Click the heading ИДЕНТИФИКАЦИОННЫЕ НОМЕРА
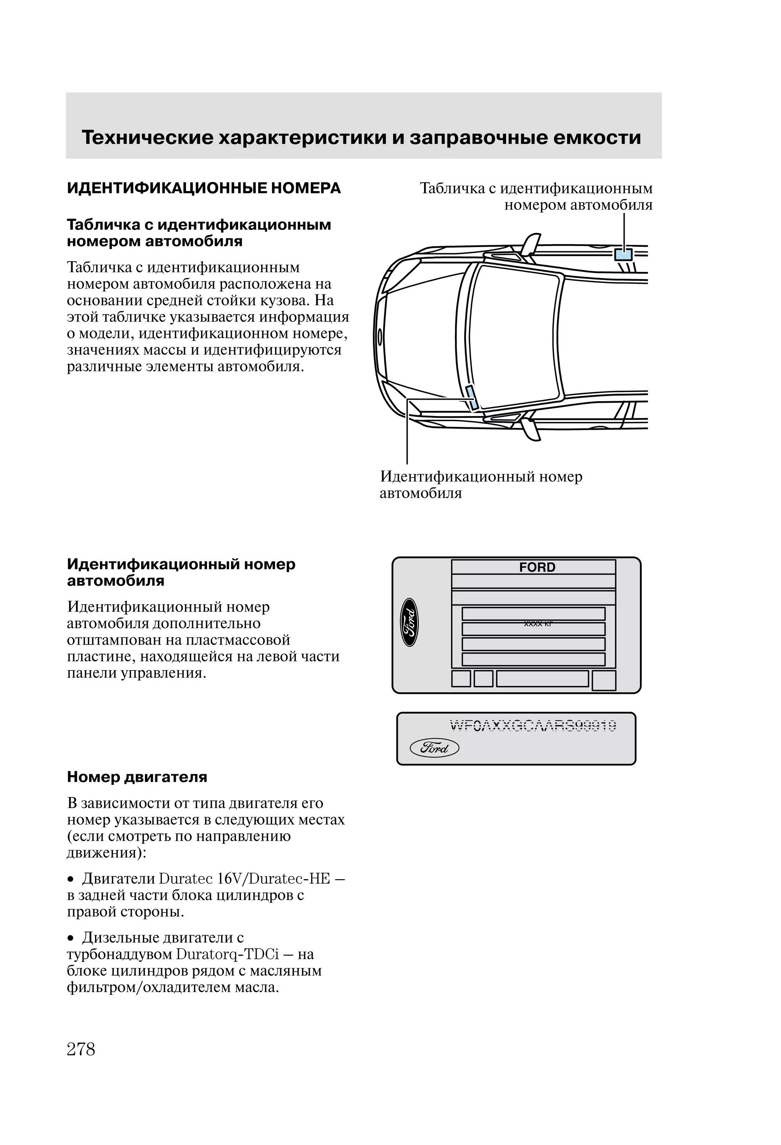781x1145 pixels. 204,188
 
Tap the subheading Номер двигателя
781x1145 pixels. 137,777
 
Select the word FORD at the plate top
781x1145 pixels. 537,568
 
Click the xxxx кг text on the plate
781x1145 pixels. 538,624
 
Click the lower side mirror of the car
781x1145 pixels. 531,428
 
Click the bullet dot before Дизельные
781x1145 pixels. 71,938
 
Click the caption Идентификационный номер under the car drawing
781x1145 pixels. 481,476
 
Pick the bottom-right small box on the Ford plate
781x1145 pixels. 604,680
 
